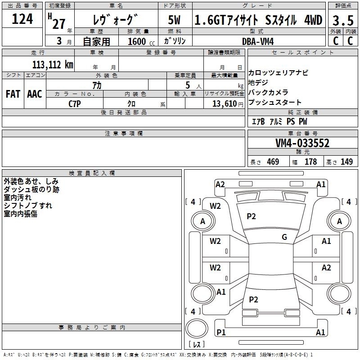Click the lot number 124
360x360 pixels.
22,19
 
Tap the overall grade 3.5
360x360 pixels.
343,20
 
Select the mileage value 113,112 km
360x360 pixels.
53,65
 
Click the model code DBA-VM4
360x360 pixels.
258,41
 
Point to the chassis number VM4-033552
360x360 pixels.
302,143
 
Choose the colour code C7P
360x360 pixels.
75,104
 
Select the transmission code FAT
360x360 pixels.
13,94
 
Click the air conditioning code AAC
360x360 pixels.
35,94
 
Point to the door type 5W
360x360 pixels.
174,20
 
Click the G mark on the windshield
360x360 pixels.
284,237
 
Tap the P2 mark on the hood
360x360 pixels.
251,216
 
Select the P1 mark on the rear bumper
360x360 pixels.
221,332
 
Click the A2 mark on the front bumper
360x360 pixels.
220,184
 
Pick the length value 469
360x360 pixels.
273,162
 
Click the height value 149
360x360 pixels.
346,162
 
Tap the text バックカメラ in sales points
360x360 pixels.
268,92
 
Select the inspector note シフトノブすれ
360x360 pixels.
28,206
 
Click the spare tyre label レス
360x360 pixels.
197,344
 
